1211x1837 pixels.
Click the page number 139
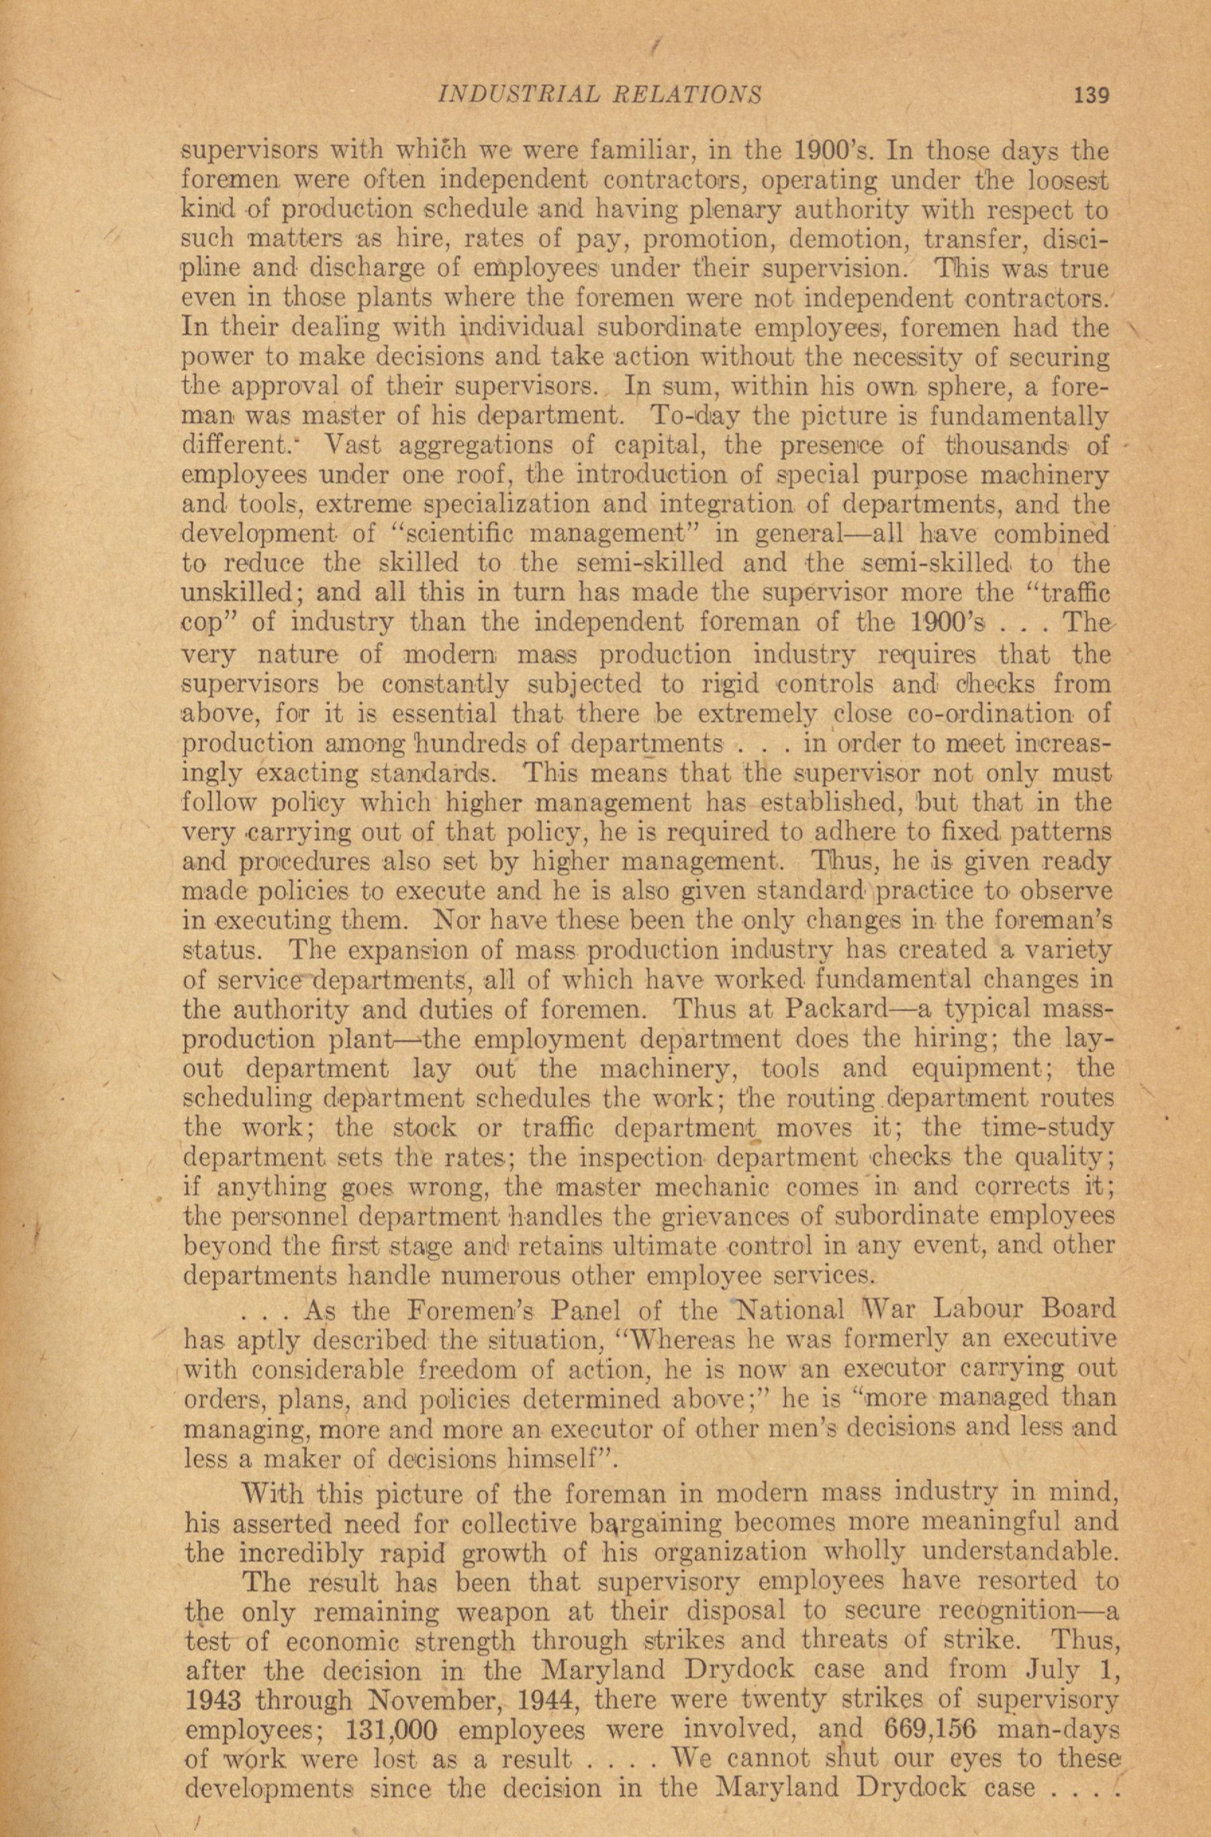[x=1091, y=95]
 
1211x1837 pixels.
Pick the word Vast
[x=353, y=446]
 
